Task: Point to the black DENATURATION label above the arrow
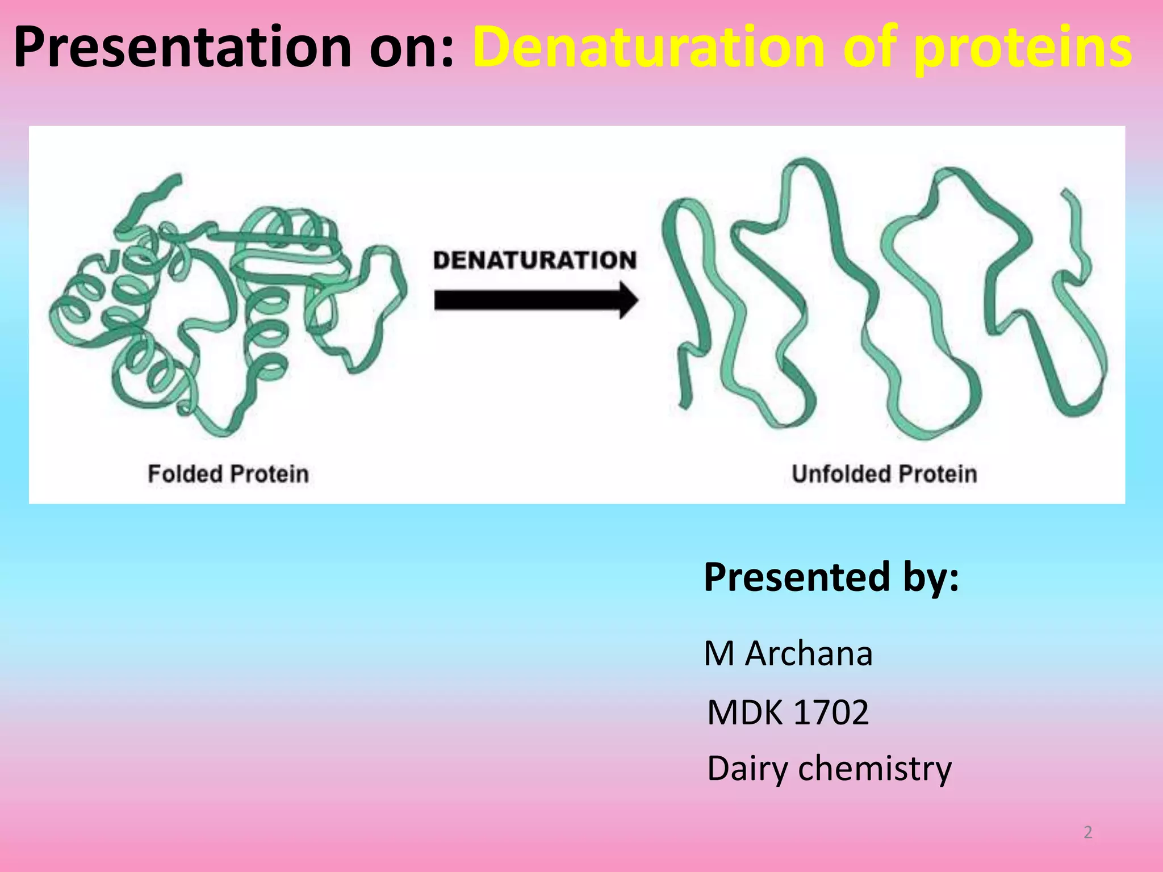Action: pyautogui.click(x=534, y=260)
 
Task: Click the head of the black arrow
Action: pyautogui.click(x=627, y=300)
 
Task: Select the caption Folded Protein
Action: pyautogui.click(x=228, y=473)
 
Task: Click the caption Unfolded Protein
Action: pyautogui.click(x=884, y=473)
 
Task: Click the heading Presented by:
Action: pyautogui.click(x=831, y=577)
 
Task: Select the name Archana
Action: pyautogui.click(x=809, y=653)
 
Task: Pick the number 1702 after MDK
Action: pyautogui.click(x=831, y=712)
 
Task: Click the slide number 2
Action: pyautogui.click(x=1087, y=832)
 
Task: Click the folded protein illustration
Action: pyautogui.click(x=227, y=307)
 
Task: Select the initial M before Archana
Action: pyautogui.click(x=719, y=653)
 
